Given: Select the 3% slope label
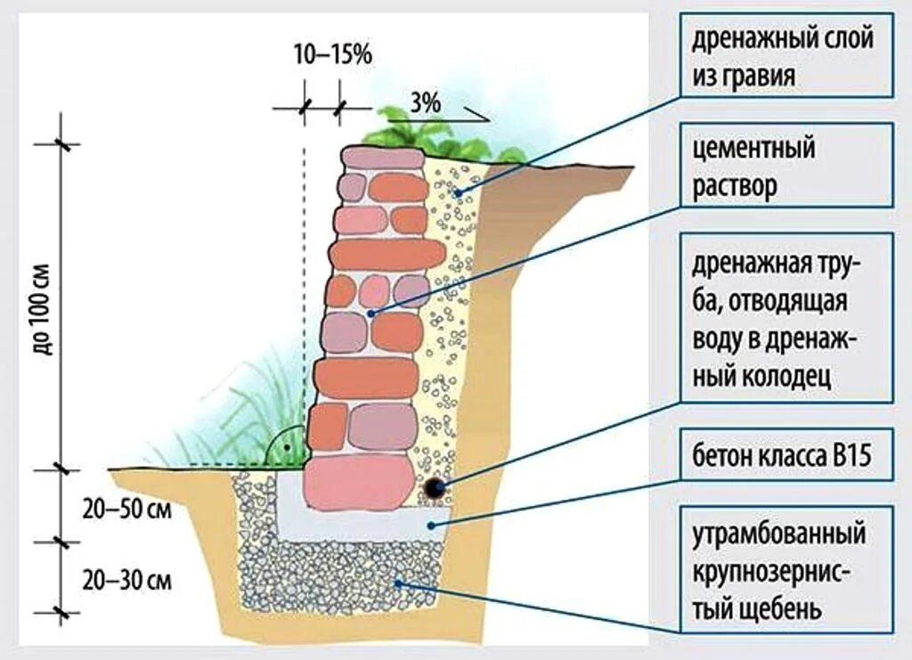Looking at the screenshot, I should coord(426,103).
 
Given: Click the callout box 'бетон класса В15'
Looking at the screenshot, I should coord(786,457).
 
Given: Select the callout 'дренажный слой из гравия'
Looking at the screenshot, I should coord(786,55).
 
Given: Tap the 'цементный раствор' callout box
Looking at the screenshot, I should coord(786,167).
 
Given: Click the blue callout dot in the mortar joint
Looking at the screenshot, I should coord(374,313).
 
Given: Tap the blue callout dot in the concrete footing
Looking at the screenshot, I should coord(431,525).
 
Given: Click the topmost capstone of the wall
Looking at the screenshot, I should coord(384,157).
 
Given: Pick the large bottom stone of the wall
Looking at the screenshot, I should coord(359,481).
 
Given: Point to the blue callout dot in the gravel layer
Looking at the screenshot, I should coord(457,193).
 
